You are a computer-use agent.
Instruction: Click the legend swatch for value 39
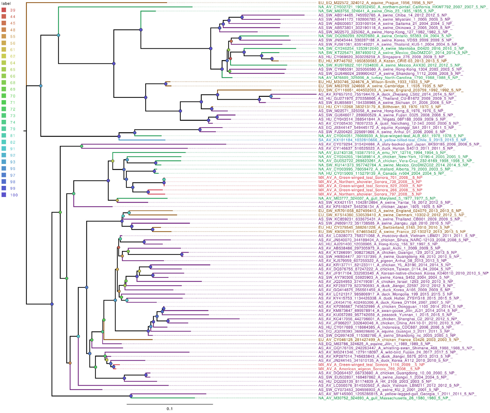click(x=4, y=10)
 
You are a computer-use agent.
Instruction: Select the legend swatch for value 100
click(x=4, y=195)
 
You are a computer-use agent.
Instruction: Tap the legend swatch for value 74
click(x=4, y=122)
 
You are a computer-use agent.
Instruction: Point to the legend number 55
click(x=13, y=36)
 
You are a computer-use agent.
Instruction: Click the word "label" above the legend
click(x=6, y=3)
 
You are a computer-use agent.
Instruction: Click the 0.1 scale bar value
click(x=170, y=409)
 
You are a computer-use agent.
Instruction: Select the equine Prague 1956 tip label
click(x=376, y=3)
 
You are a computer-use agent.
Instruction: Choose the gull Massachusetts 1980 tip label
click(x=384, y=398)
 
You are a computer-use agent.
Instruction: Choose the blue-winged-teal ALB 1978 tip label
click(x=391, y=136)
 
